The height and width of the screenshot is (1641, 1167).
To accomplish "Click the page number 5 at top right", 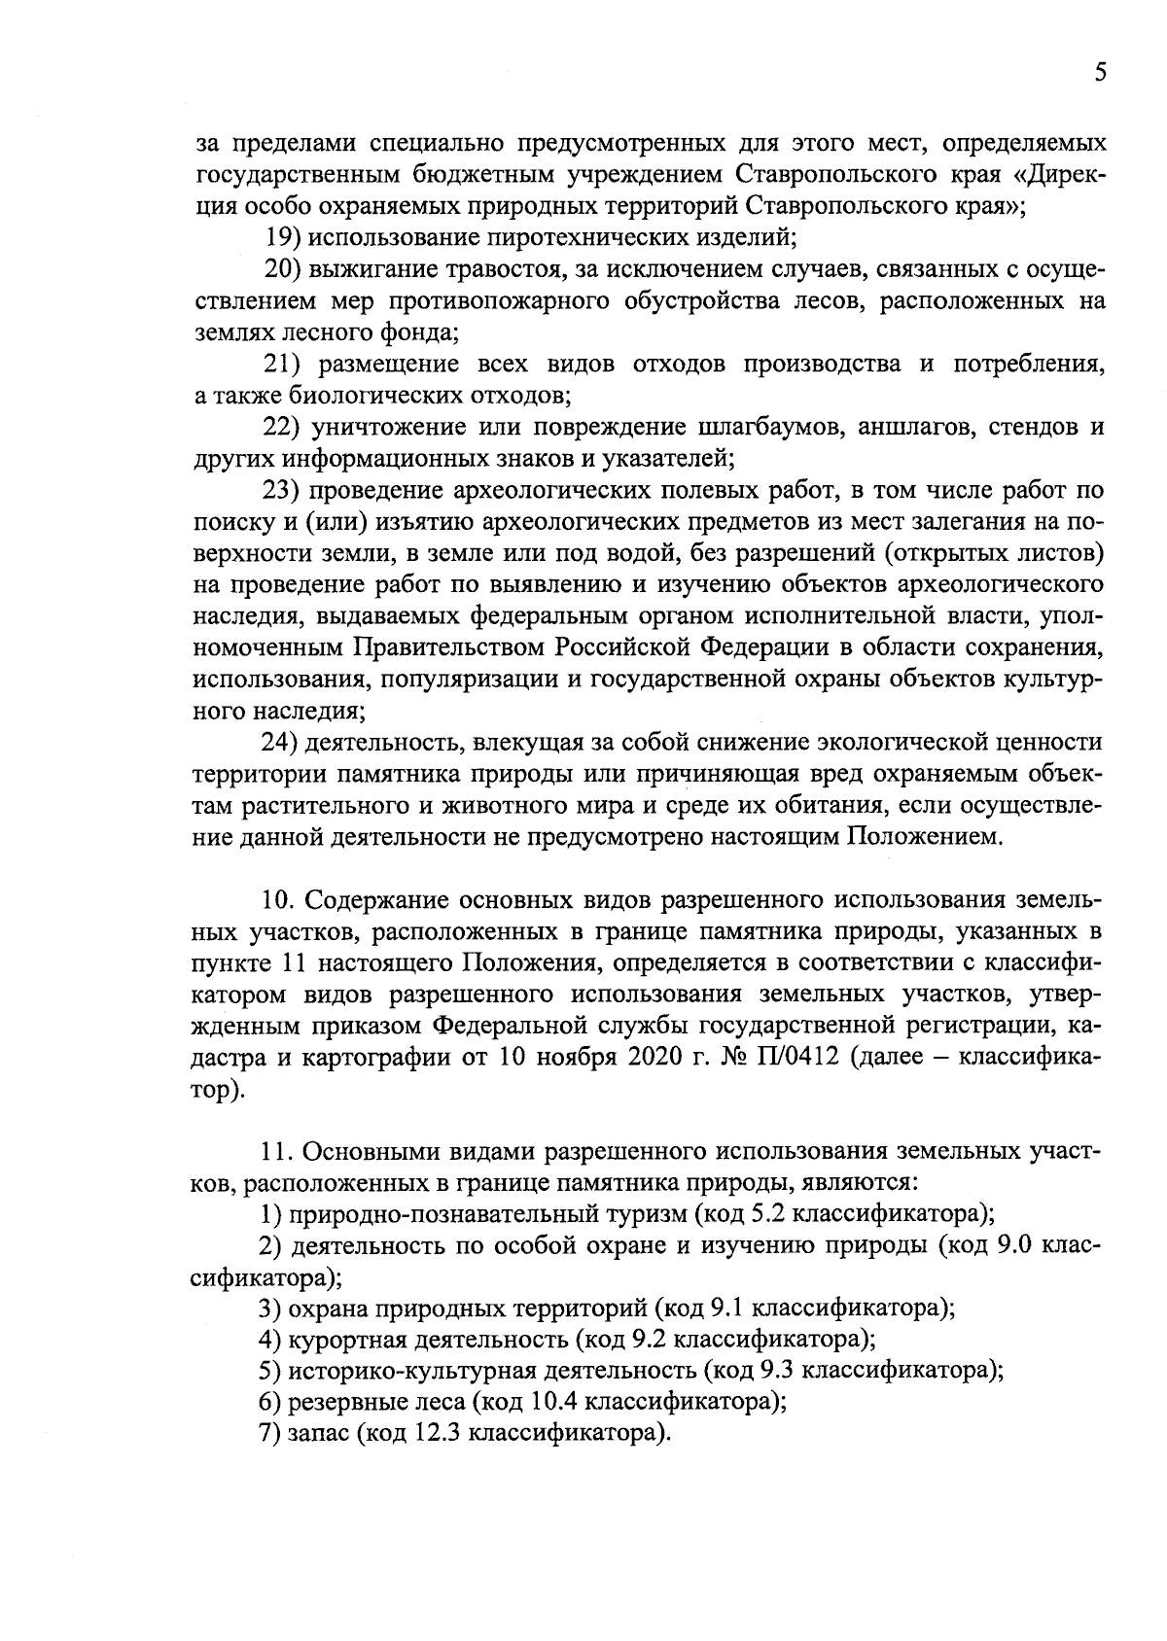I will [1099, 74].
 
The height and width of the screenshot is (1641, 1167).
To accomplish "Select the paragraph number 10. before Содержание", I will [280, 900].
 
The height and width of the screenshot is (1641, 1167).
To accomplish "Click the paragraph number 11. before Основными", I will [278, 1152].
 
